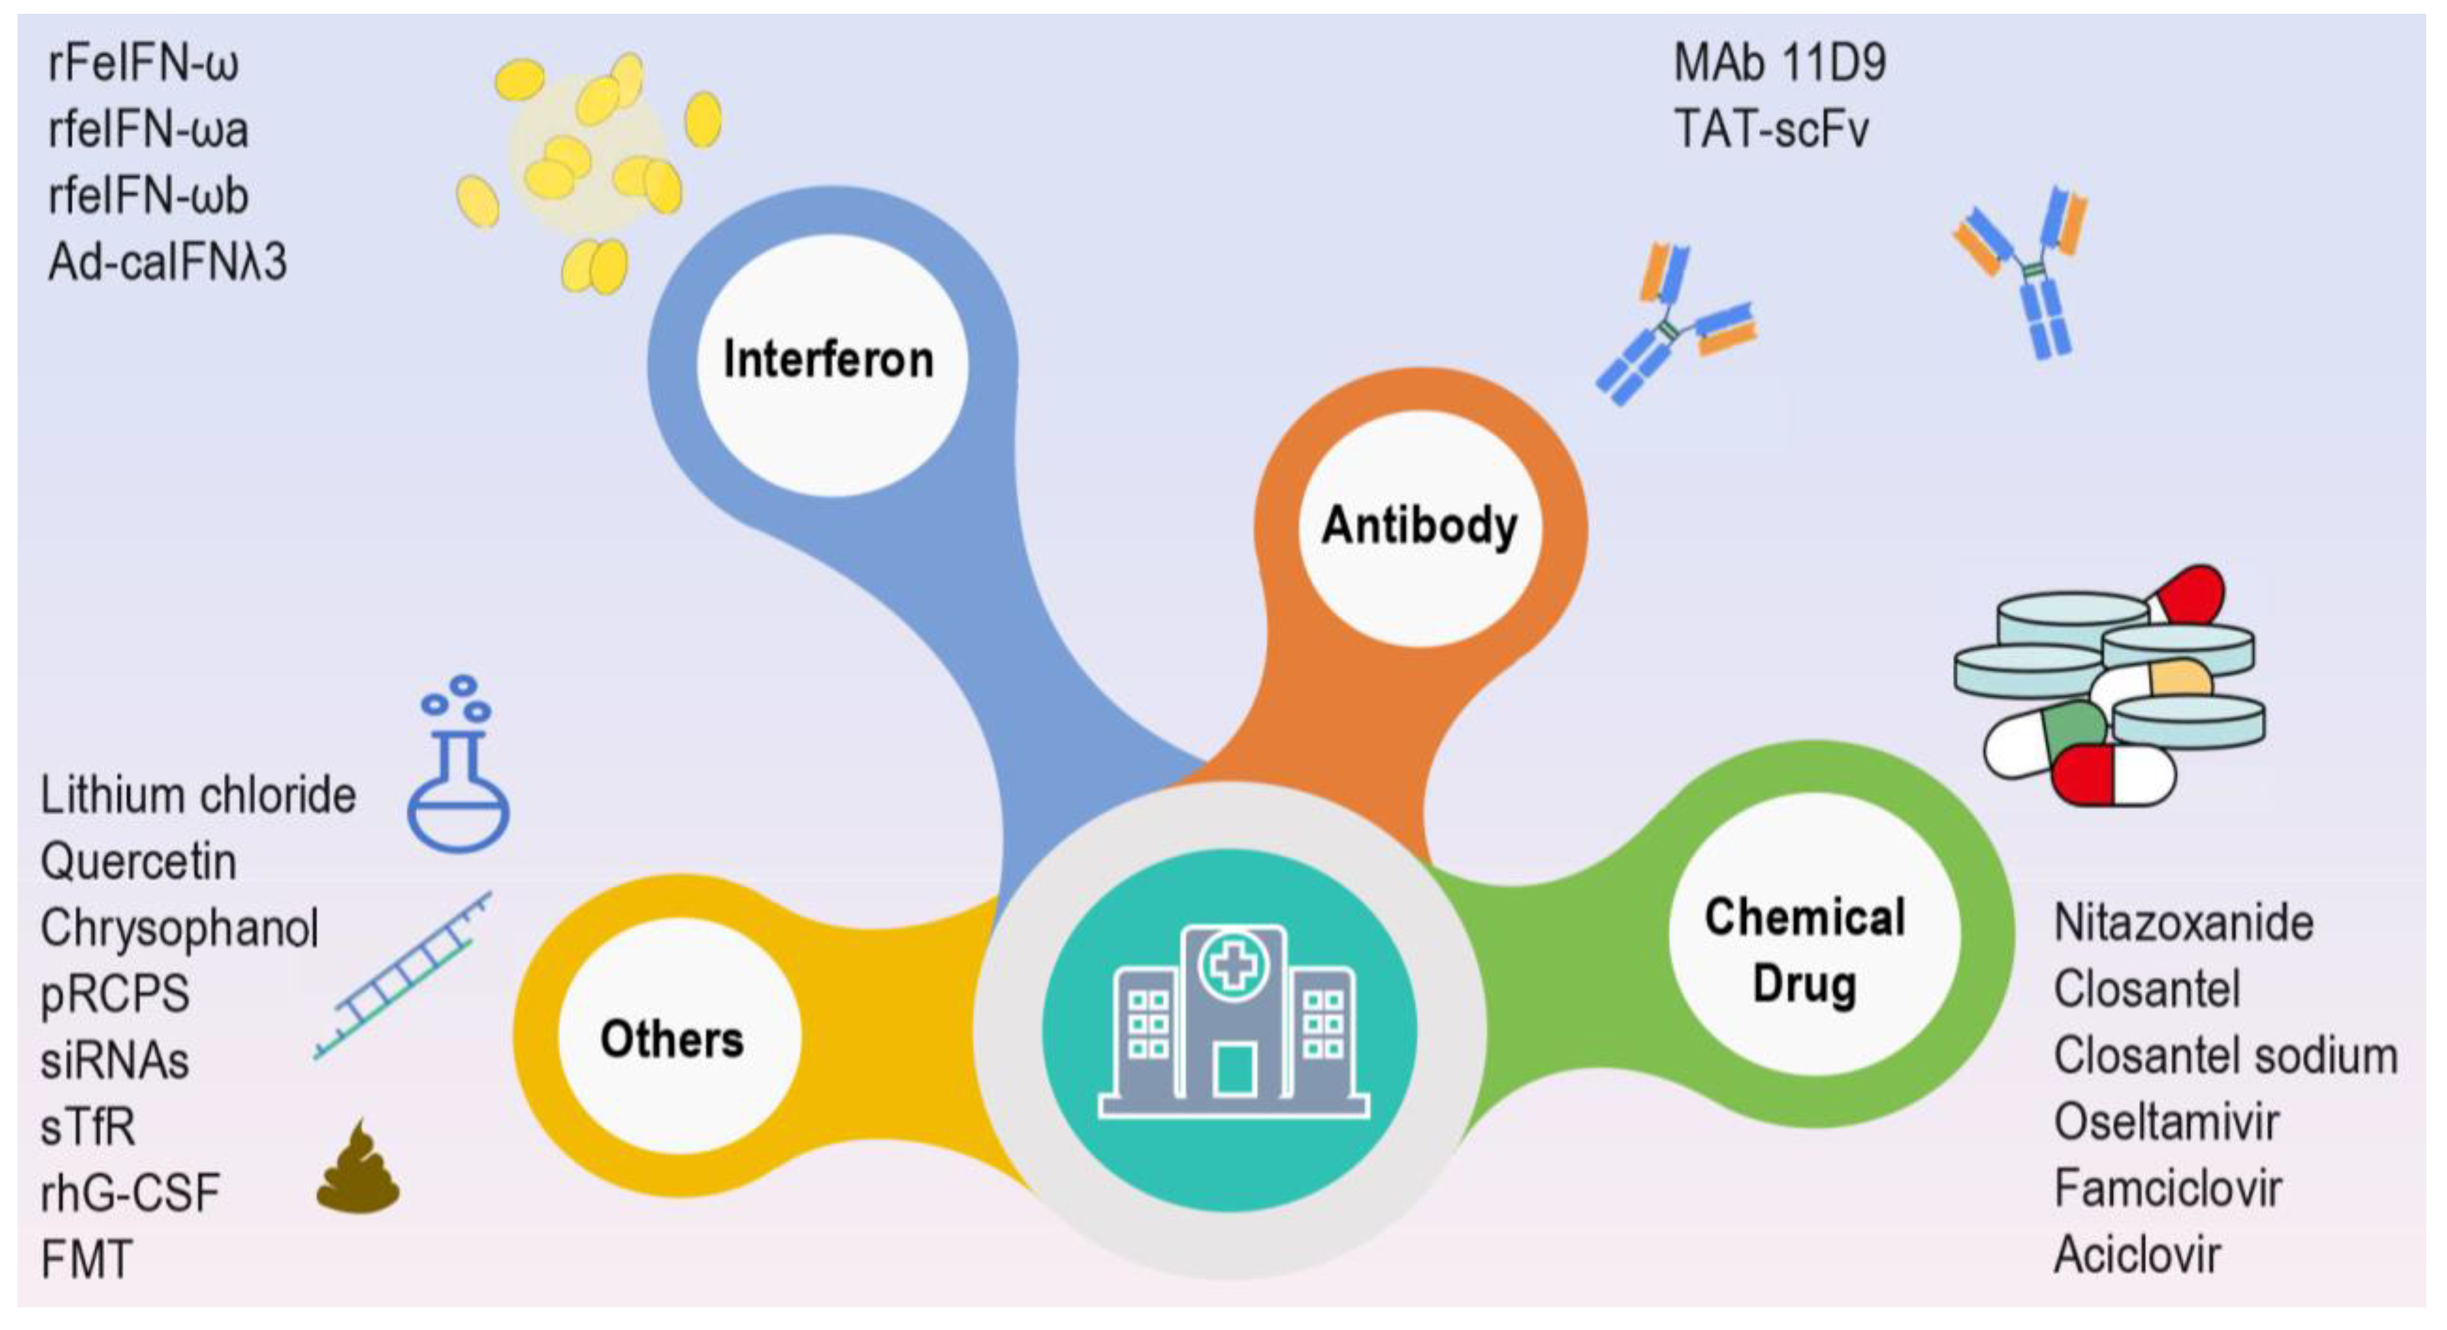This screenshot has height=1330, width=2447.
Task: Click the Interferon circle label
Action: pyautogui.click(x=828, y=360)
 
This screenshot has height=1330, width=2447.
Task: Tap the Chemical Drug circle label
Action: pyautogui.click(x=1805, y=950)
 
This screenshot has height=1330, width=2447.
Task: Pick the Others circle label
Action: pyautogui.click(x=671, y=1038)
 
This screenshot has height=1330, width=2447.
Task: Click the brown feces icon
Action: pyautogui.click(x=357, y=1169)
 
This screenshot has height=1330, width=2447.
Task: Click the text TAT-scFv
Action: pyautogui.click(x=1771, y=129)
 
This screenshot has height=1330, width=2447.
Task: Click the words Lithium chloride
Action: pyautogui.click(x=197, y=795)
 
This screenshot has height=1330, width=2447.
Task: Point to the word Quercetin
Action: pyautogui.click(x=139, y=862)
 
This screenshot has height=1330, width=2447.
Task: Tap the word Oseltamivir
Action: pyautogui.click(x=2166, y=1122)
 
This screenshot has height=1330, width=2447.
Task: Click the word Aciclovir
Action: pyautogui.click(x=2137, y=1255)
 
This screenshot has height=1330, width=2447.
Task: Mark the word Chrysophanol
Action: pyautogui.click(x=179, y=928)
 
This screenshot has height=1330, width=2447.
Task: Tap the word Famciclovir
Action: pyautogui.click(x=2168, y=1188)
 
